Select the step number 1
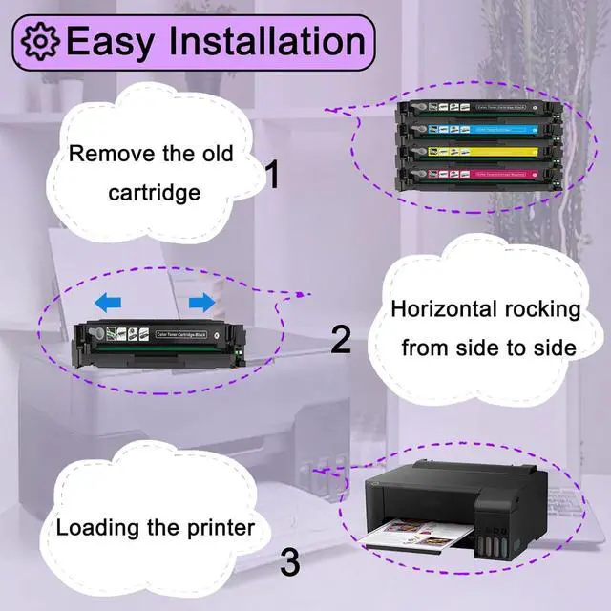click(272, 176)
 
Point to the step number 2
click(341, 340)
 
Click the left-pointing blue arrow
click(108, 303)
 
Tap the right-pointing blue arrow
click(201, 303)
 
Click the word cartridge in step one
click(154, 192)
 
